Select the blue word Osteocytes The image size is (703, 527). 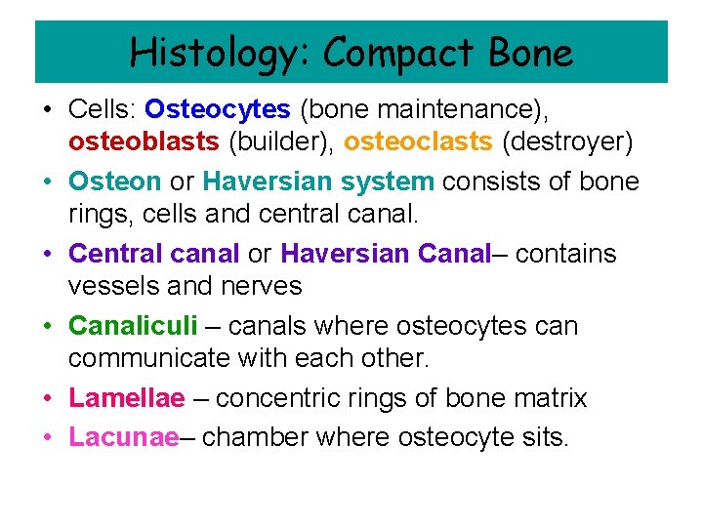[218, 109]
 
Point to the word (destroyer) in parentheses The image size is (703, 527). [567, 142]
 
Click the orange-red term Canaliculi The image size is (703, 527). [133, 326]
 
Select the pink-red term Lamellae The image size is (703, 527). [126, 398]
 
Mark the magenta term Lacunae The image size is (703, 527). [124, 437]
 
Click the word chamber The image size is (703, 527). [248, 437]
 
